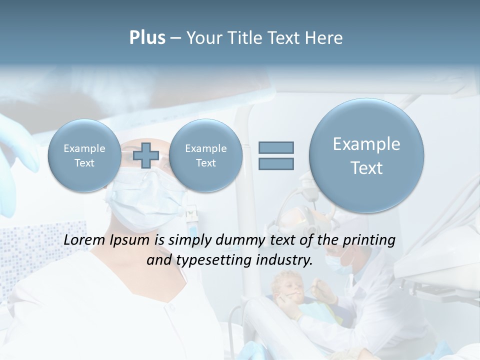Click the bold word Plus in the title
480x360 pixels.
pos(147,38)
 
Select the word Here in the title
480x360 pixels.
pos(325,38)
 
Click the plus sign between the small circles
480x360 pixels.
pos(145,155)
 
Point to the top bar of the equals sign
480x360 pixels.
pos(276,147)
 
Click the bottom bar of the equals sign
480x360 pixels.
pos(276,163)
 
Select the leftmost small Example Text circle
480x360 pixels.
pos(84,155)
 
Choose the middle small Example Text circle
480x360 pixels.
pos(205,155)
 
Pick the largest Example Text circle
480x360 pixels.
pos(366,155)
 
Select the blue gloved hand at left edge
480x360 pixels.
pos(15,150)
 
